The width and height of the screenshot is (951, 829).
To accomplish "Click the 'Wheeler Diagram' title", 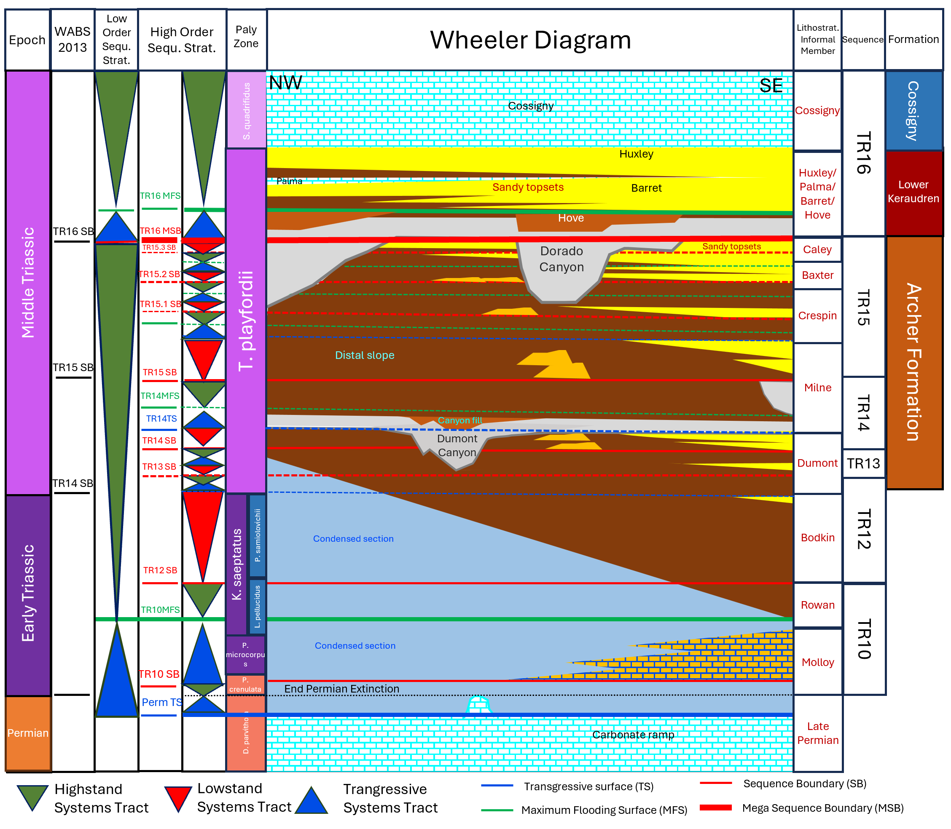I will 530,40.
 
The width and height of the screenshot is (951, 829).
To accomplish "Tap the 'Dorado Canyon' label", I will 561,259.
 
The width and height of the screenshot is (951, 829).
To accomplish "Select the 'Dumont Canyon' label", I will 457,446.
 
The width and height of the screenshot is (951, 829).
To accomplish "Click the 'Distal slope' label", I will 364,355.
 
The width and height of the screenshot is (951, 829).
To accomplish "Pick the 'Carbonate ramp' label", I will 633,735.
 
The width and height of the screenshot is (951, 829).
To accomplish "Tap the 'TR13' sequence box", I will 863,463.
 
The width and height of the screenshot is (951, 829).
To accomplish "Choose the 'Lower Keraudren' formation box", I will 913,192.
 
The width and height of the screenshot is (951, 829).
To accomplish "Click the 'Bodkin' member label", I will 818,538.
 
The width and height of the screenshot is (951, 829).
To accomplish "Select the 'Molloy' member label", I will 818,663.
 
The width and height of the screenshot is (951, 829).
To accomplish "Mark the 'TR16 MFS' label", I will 160,196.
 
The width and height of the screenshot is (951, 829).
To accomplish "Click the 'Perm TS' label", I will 162,702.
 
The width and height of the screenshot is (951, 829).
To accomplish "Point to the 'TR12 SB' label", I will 160,570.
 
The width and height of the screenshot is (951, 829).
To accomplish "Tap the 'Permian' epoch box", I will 28,733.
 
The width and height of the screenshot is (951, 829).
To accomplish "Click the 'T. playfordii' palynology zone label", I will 246,321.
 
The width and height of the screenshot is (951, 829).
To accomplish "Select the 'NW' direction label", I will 285,83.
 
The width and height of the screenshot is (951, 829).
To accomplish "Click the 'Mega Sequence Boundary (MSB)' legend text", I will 823,808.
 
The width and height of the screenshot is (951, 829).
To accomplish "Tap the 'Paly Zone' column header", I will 246,37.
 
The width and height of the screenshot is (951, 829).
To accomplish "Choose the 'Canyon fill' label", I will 460,420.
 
